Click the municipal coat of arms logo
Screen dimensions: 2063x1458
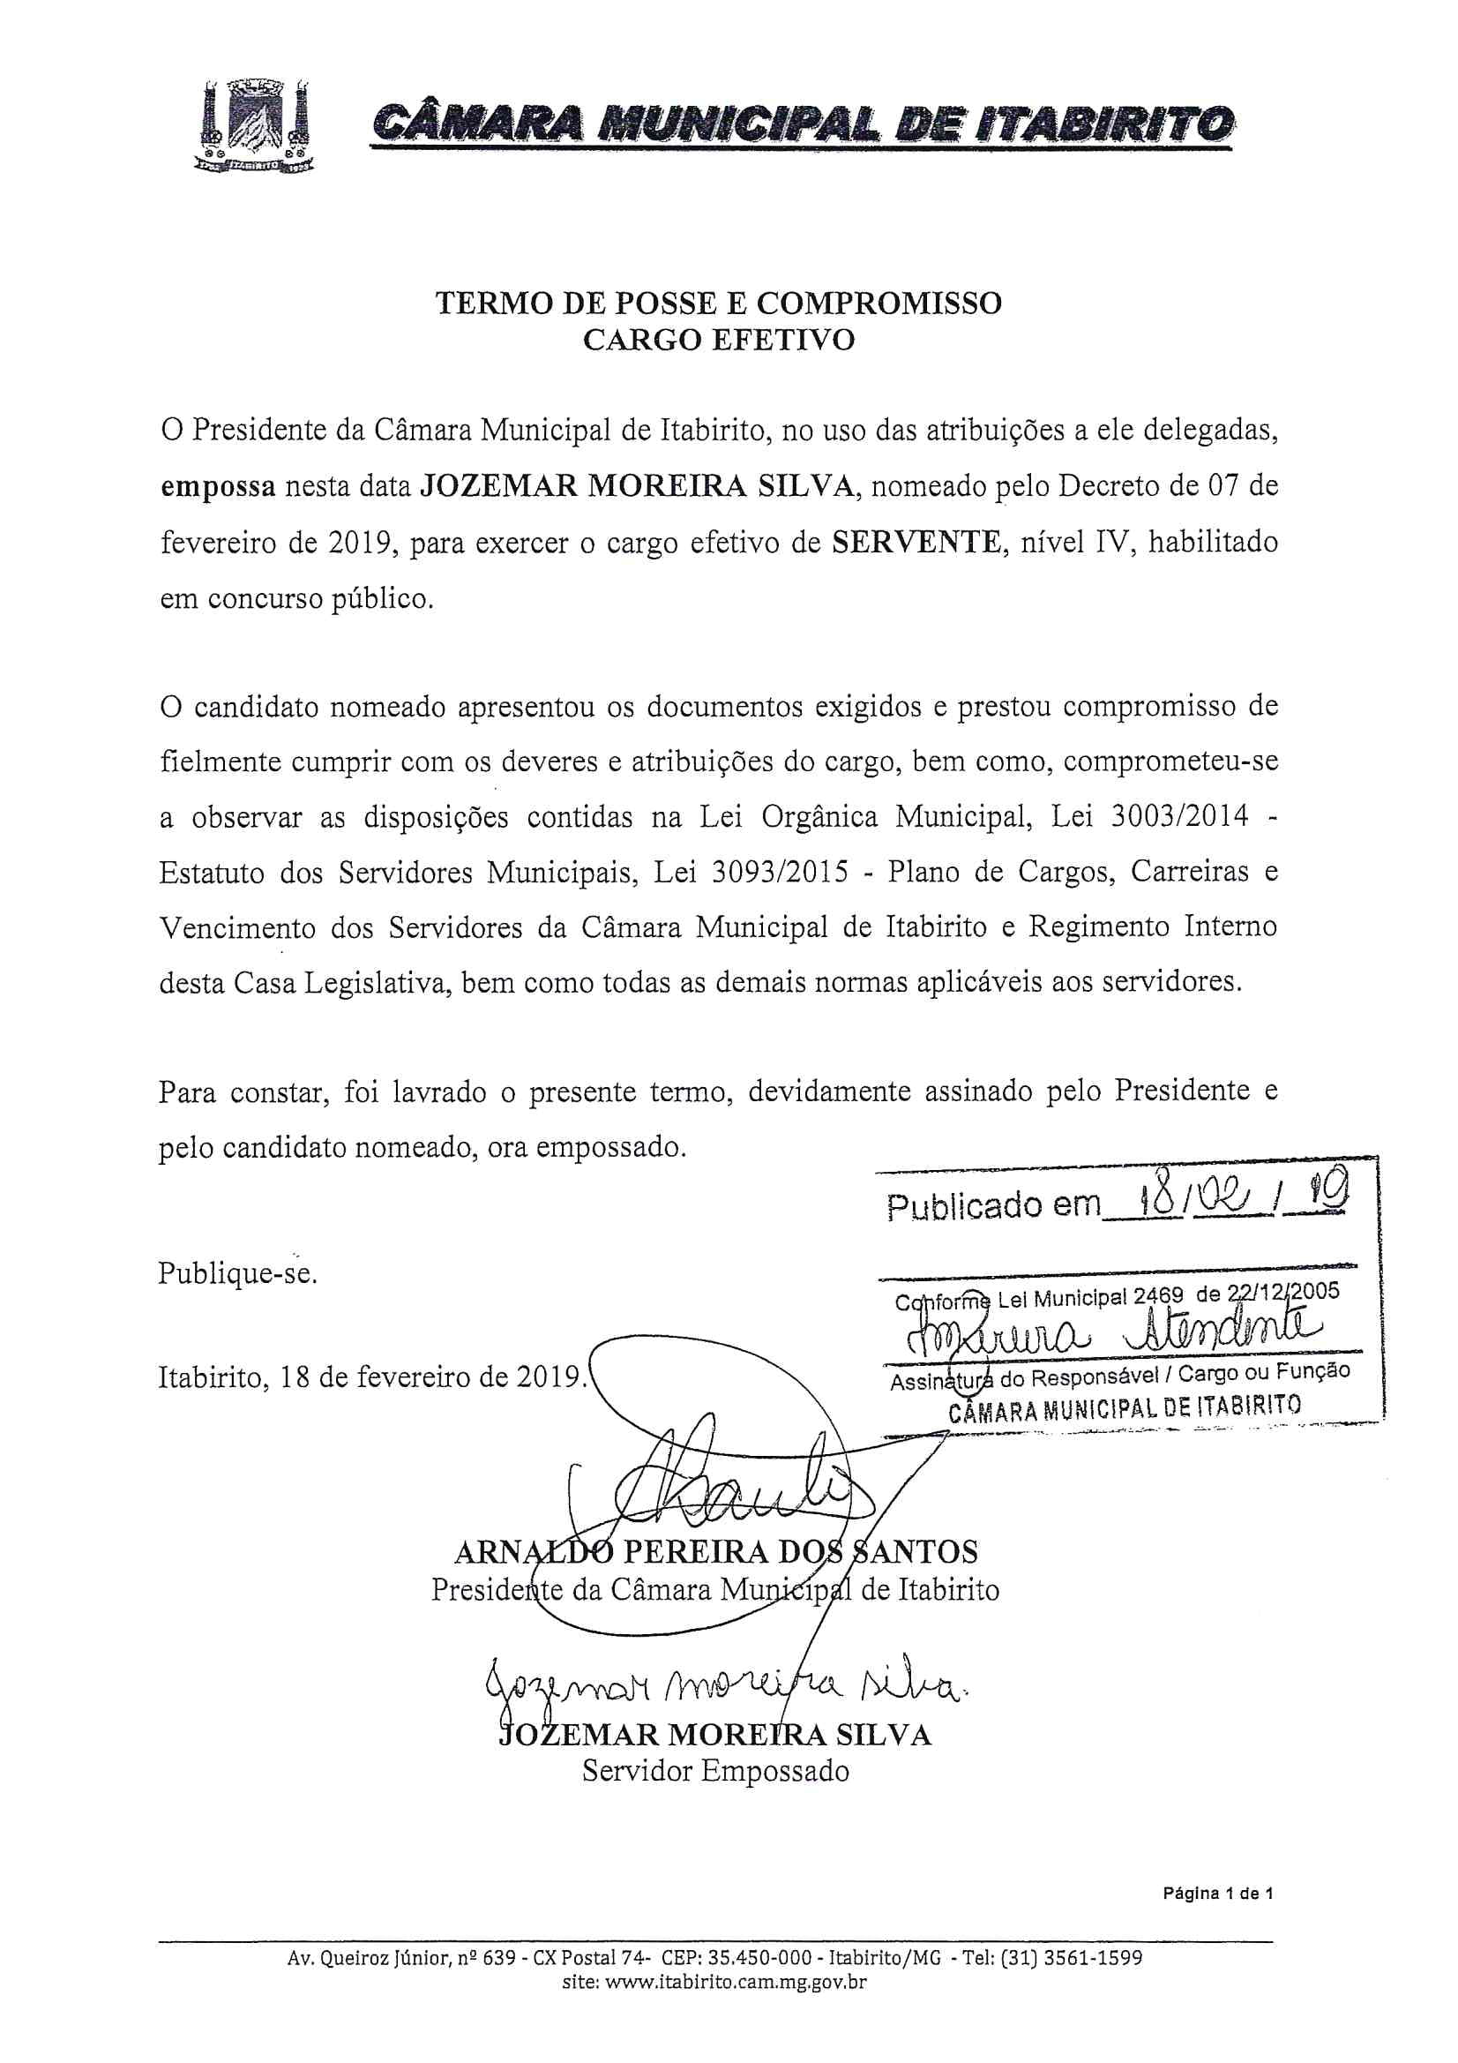click(255, 127)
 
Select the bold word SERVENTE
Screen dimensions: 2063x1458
click(916, 543)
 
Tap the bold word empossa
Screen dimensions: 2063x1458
click(217, 487)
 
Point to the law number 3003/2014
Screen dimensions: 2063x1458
click(1179, 817)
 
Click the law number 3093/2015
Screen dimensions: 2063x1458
click(780, 873)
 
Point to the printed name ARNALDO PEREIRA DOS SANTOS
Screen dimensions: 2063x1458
click(716, 1552)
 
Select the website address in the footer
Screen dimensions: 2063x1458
click(714, 1981)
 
